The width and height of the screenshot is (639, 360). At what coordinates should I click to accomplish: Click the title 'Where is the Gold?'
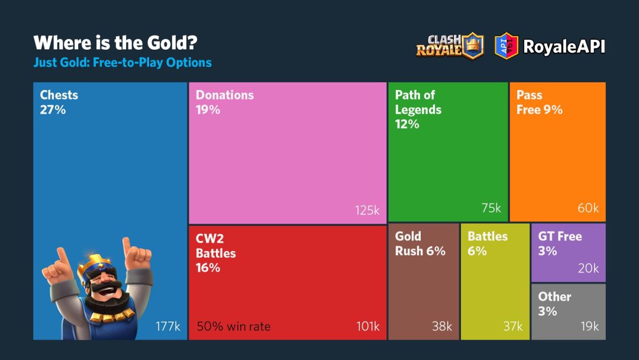[115, 43]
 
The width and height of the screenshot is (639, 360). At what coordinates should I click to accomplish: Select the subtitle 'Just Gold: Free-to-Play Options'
[122, 62]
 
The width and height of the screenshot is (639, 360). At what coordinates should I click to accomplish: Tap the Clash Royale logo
[450, 46]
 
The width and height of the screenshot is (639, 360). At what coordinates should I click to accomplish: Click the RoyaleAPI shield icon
[506, 46]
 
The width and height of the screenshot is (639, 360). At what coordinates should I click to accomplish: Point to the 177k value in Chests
[168, 326]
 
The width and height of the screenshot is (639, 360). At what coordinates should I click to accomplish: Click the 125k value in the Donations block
[367, 210]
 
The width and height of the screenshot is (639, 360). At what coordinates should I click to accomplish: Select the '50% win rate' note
[233, 326]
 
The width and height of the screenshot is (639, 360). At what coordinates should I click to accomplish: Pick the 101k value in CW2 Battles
[367, 326]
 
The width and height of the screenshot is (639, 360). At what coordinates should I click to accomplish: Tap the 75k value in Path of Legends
[491, 208]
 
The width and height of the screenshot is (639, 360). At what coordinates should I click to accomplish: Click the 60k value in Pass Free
[588, 208]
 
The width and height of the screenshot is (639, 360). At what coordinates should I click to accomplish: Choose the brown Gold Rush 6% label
[420, 243]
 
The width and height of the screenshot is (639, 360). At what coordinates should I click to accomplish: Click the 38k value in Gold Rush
[441, 326]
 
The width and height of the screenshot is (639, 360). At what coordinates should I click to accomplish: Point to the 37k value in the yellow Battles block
[512, 326]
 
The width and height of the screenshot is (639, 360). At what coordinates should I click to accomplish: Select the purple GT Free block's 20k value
[588, 268]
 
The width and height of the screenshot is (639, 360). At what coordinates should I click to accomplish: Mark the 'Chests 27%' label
[59, 102]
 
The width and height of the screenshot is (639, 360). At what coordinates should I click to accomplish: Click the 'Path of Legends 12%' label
[418, 110]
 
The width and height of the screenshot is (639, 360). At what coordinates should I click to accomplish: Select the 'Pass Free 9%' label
[539, 102]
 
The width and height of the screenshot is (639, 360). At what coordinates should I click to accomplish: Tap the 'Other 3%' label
[554, 303]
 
